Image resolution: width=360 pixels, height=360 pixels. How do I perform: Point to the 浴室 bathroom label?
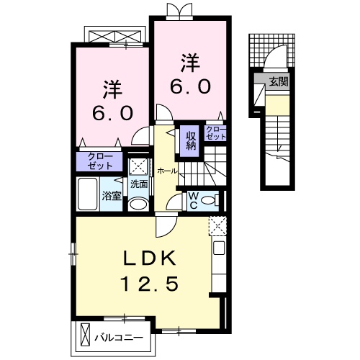tap(110, 196)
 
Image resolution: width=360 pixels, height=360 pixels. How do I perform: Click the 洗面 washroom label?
tap(138, 184)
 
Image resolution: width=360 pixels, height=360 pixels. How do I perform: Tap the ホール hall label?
tap(167, 171)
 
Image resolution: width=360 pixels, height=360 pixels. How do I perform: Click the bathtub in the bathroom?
tap(87, 194)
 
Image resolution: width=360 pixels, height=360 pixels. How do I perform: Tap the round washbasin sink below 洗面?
tap(138, 204)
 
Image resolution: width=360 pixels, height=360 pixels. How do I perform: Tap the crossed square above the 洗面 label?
tap(138, 165)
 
